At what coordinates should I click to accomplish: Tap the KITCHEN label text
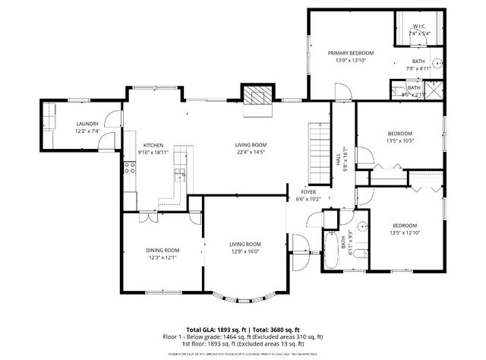point(154,144)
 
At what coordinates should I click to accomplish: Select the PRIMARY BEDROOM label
point(351,53)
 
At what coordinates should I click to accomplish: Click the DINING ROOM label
point(163,250)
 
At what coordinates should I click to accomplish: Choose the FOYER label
point(309,192)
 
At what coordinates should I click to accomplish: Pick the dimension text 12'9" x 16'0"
point(245,252)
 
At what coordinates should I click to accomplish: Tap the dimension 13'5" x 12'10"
point(404,233)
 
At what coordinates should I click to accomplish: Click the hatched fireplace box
point(256,95)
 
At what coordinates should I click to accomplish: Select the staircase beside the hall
point(319,152)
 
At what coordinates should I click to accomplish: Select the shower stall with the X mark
point(434,90)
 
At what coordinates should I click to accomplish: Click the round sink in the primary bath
point(437,63)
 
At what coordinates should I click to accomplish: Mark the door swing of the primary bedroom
point(343,91)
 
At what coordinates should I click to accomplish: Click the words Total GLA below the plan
point(201,321)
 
